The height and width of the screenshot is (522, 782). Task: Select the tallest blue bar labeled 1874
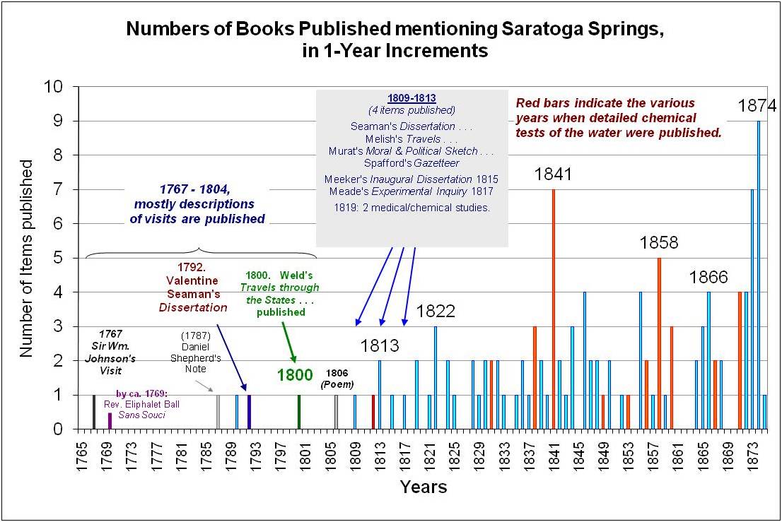(x=759, y=275)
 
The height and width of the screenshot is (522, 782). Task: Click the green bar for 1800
(x=299, y=412)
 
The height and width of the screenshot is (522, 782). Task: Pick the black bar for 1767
(x=94, y=412)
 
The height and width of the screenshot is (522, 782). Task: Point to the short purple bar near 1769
(x=110, y=420)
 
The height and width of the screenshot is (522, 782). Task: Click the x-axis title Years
(x=423, y=487)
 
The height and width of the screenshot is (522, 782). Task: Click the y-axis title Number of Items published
(x=26, y=258)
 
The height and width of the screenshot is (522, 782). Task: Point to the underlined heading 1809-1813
(x=412, y=98)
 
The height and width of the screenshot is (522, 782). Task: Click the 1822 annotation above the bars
(x=436, y=311)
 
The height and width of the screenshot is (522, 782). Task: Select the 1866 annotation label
(x=708, y=278)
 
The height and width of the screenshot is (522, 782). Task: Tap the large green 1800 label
(x=295, y=374)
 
